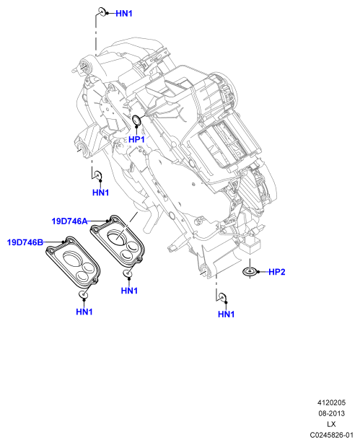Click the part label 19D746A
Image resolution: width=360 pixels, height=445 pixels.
tap(69, 221)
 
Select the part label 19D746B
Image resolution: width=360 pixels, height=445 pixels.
tap(25, 242)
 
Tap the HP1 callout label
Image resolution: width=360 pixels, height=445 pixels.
tap(136, 139)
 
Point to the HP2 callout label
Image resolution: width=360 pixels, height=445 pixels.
tap(276, 272)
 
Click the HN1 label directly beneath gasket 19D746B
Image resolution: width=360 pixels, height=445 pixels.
tap(84, 312)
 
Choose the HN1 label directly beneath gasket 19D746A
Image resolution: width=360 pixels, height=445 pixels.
tap(129, 291)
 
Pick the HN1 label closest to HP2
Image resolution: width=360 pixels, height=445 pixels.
tap(226, 314)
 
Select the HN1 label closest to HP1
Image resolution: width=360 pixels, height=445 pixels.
tap(100, 193)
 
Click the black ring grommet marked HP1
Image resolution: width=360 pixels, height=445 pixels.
tap(137, 120)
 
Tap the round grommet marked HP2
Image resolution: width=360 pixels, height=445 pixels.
tap(250, 272)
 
